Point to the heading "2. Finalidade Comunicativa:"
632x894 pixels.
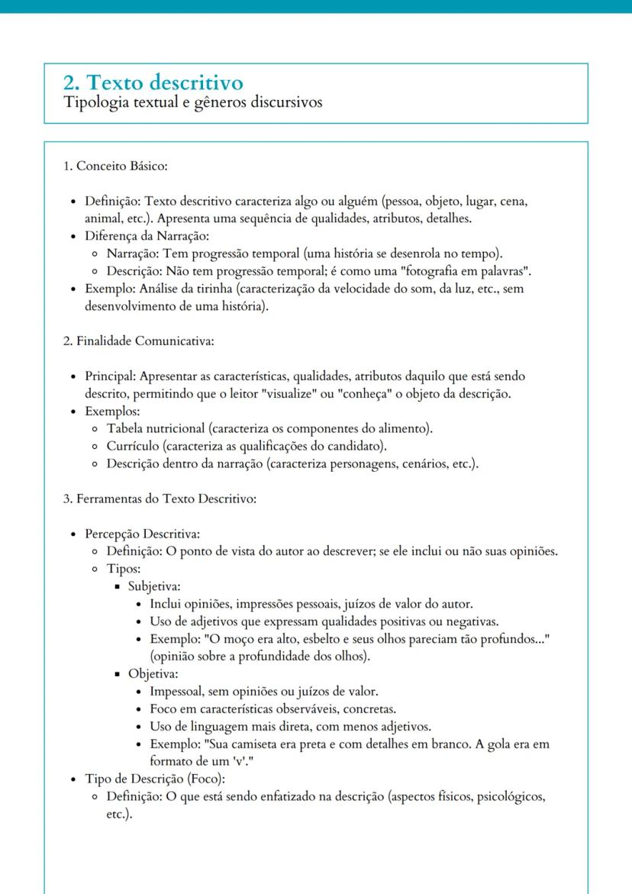pyautogui.click(x=138, y=340)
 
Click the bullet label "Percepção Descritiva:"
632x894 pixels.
pyautogui.click(x=143, y=534)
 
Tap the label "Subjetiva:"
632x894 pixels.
pyautogui.click(x=154, y=587)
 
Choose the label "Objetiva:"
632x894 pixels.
pyautogui.click(x=153, y=674)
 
